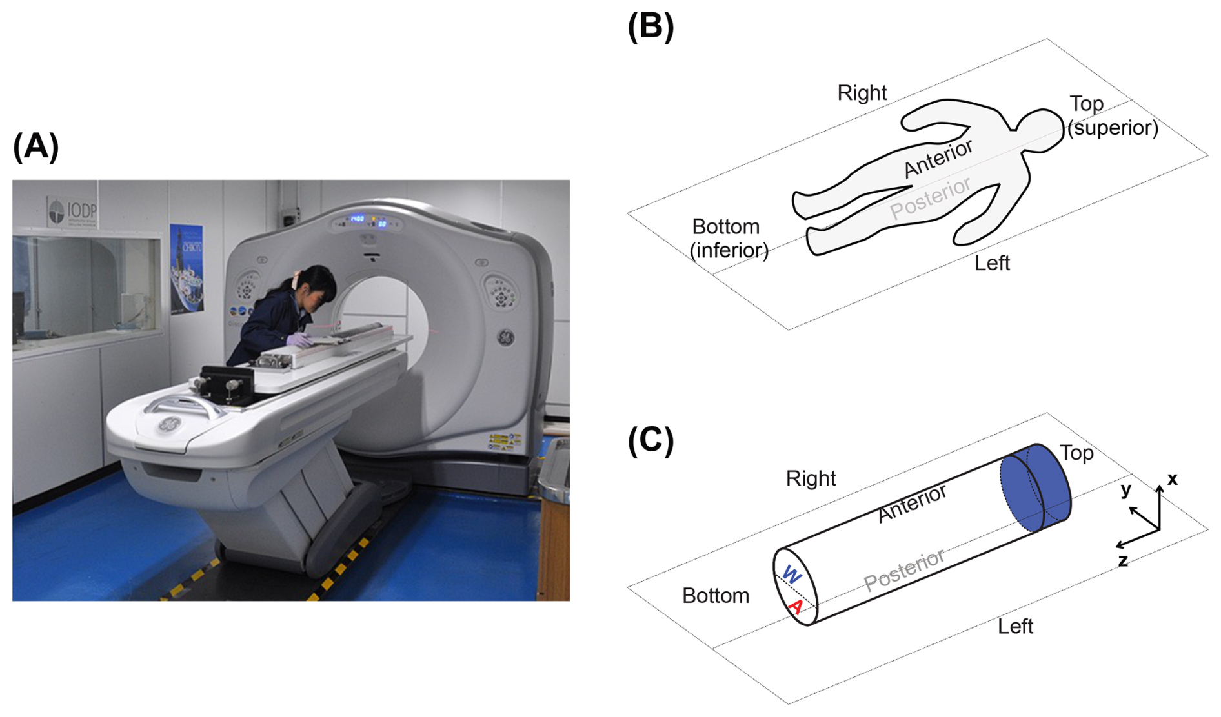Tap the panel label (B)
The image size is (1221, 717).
[x=651, y=27]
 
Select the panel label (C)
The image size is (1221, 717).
[x=651, y=441]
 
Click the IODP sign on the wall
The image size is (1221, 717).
[x=72, y=211]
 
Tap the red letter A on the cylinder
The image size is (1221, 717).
[x=796, y=607]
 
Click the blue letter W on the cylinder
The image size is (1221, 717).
[x=791, y=575]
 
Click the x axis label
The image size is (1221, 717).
[x=1172, y=478]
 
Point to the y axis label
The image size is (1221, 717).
[x=1126, y=489]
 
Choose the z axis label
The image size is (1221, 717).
[x=1123, y=561]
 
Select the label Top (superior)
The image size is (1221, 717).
[x=1111, y=116]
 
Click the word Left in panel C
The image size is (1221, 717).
[x=1015, y=626]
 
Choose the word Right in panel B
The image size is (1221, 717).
[x=862, y=93]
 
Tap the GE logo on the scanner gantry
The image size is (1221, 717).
[x=505, y=337]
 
